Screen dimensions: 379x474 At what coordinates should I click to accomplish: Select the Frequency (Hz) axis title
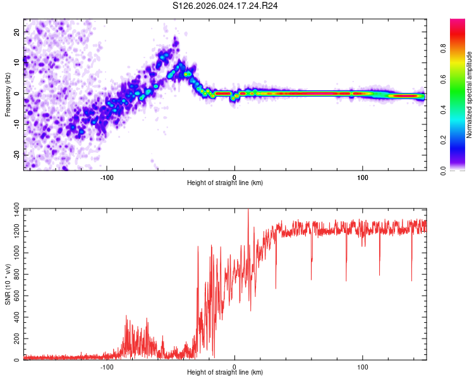[x=7, y=93]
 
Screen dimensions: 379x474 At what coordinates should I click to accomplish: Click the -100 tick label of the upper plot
[x=107, y=177]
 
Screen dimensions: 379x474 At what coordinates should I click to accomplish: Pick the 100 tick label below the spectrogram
[x=363, y=177]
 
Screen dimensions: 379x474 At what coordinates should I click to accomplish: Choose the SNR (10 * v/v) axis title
[x=7, y=284]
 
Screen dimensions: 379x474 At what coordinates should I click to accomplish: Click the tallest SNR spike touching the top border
[x=248, y=210]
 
